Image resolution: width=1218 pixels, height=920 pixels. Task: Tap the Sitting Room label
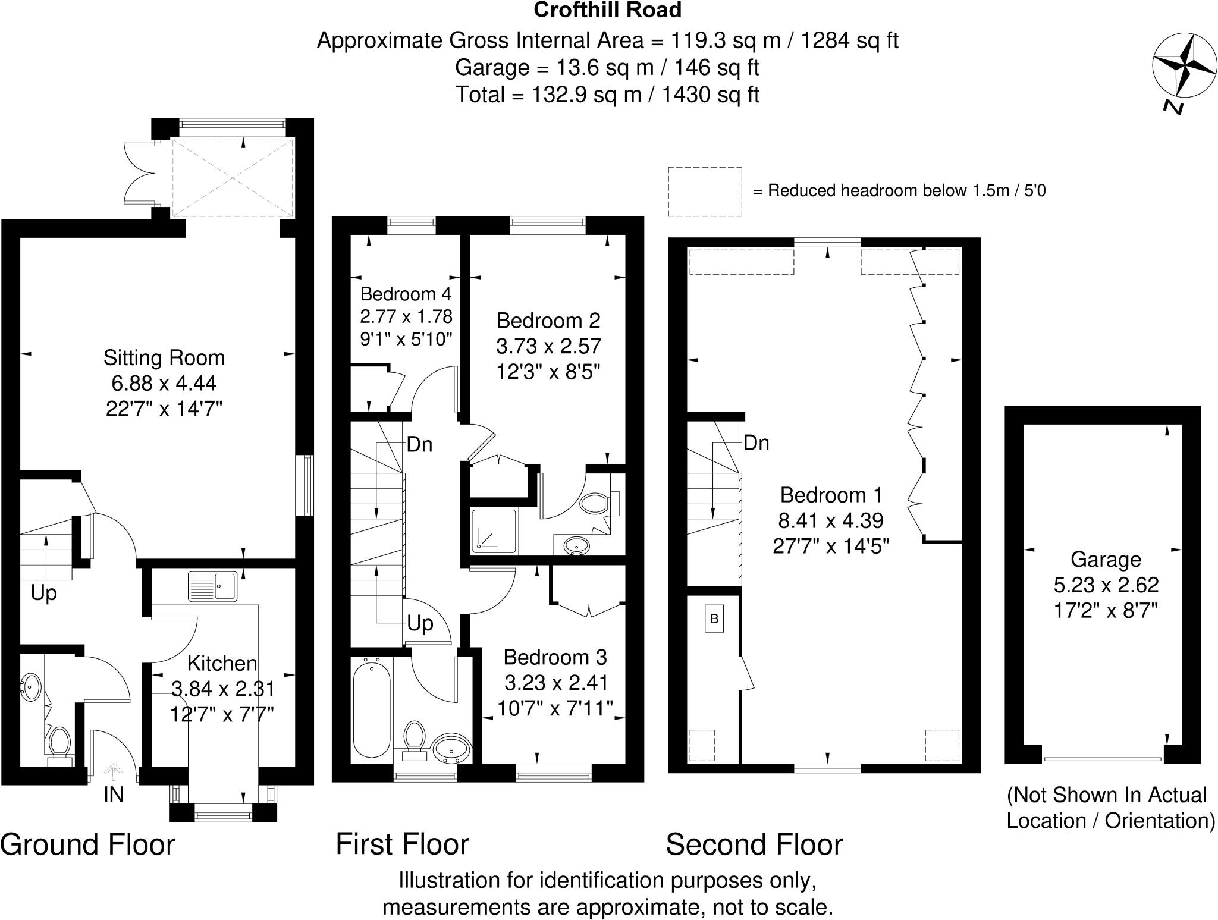point(164,357)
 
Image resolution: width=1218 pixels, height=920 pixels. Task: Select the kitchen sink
point(214,586)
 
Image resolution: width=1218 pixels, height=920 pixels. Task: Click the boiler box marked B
point(714,618)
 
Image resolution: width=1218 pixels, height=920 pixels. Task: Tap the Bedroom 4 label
point(406,294)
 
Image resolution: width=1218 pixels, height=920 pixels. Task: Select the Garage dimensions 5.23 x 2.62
point(1106,585)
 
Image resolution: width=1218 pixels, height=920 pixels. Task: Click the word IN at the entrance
point(114,795)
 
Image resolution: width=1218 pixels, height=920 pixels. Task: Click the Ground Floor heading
point(88,845)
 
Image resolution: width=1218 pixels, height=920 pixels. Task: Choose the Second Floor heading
point(754,845)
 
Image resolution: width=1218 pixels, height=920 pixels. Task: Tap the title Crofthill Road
point(607,10)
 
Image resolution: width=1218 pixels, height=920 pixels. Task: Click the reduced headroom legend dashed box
point(705,191)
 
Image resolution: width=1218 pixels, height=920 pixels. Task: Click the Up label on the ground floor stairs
point(44,593)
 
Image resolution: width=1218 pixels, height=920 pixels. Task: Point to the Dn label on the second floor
point(756,443)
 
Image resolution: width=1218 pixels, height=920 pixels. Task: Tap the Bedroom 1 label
point(831,495)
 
